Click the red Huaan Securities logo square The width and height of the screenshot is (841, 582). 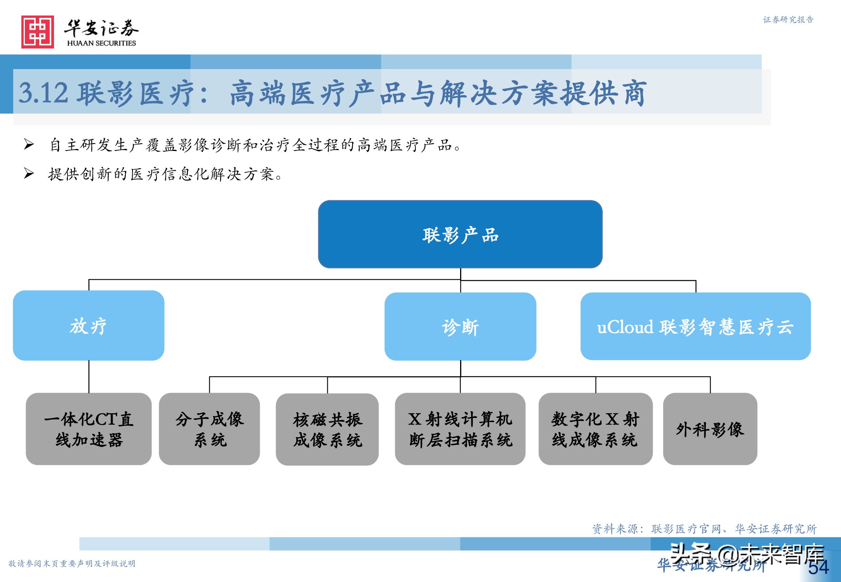38,32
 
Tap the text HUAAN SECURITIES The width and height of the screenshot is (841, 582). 101,43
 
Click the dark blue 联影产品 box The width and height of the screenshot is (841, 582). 460,234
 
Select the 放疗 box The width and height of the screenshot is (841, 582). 89,326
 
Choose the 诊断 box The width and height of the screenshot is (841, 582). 460,327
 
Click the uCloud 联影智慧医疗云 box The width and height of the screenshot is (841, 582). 695,327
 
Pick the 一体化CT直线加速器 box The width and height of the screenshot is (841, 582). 89,429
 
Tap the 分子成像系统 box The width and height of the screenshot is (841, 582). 209,429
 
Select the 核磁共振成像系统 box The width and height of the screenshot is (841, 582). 327,429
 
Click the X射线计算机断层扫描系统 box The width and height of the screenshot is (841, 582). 460,429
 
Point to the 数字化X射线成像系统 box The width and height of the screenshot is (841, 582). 595,429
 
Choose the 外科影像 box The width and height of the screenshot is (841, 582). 710,429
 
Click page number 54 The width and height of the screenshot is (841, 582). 818,567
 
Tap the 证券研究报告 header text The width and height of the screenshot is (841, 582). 788,20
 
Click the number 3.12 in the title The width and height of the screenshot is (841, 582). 43,93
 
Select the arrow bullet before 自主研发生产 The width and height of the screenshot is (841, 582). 29,144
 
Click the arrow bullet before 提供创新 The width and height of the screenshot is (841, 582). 29,173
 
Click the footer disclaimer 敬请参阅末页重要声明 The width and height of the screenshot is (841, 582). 72,563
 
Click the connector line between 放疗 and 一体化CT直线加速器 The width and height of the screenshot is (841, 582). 89,376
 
